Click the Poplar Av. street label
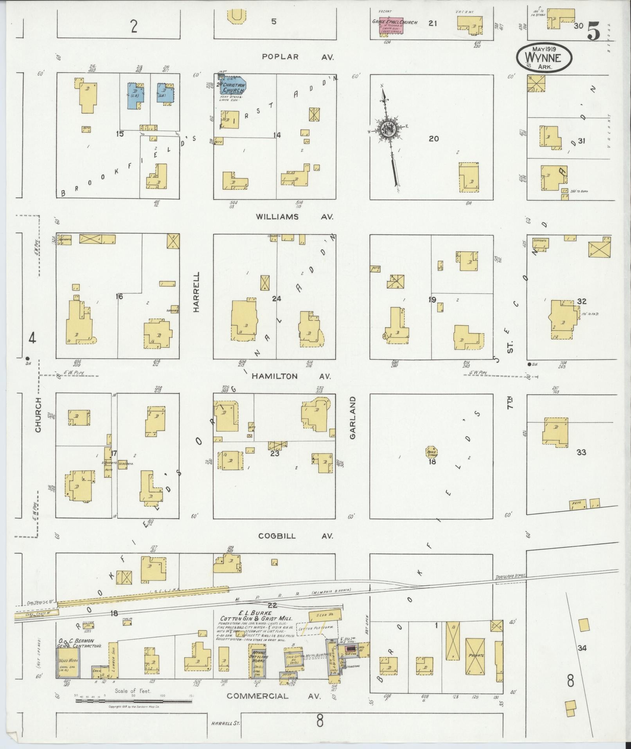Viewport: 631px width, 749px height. point(297,57)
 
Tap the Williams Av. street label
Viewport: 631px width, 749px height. point(294,217)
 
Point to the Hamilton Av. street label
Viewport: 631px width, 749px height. point(291,376)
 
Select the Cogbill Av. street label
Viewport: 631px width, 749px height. point(295,536)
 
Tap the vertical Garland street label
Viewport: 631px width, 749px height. point(352,418)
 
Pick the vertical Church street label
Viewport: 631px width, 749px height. point(38,415)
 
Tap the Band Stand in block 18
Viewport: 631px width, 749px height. point(431,452)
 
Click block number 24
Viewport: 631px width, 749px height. point(277,299)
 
